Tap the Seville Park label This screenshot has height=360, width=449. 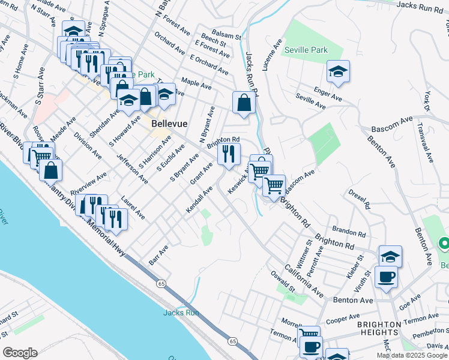[x=306, y=50]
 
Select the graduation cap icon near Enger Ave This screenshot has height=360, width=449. [x=339, y=72]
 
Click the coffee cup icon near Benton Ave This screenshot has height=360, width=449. [x=386, y=277]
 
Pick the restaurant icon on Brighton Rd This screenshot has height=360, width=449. [x=228, y=154]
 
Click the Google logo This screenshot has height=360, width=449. [x=20, y=353]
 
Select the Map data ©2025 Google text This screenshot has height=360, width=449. [x=412, y=355]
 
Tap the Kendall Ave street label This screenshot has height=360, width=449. [x=200, y=199]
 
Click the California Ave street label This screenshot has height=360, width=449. [x=304, y=280]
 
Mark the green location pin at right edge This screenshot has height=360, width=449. [x=444, y=244]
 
